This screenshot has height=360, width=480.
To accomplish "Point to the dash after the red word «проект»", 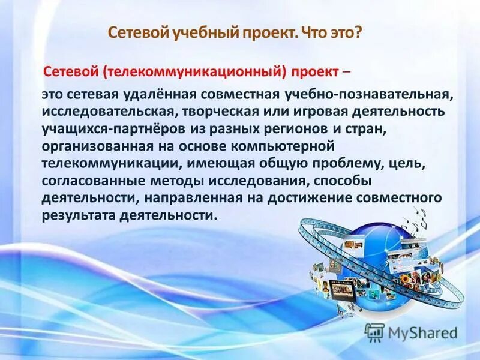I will (x=347, y=72).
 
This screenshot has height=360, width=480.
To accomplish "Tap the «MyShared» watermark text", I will (x=423, y=332).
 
